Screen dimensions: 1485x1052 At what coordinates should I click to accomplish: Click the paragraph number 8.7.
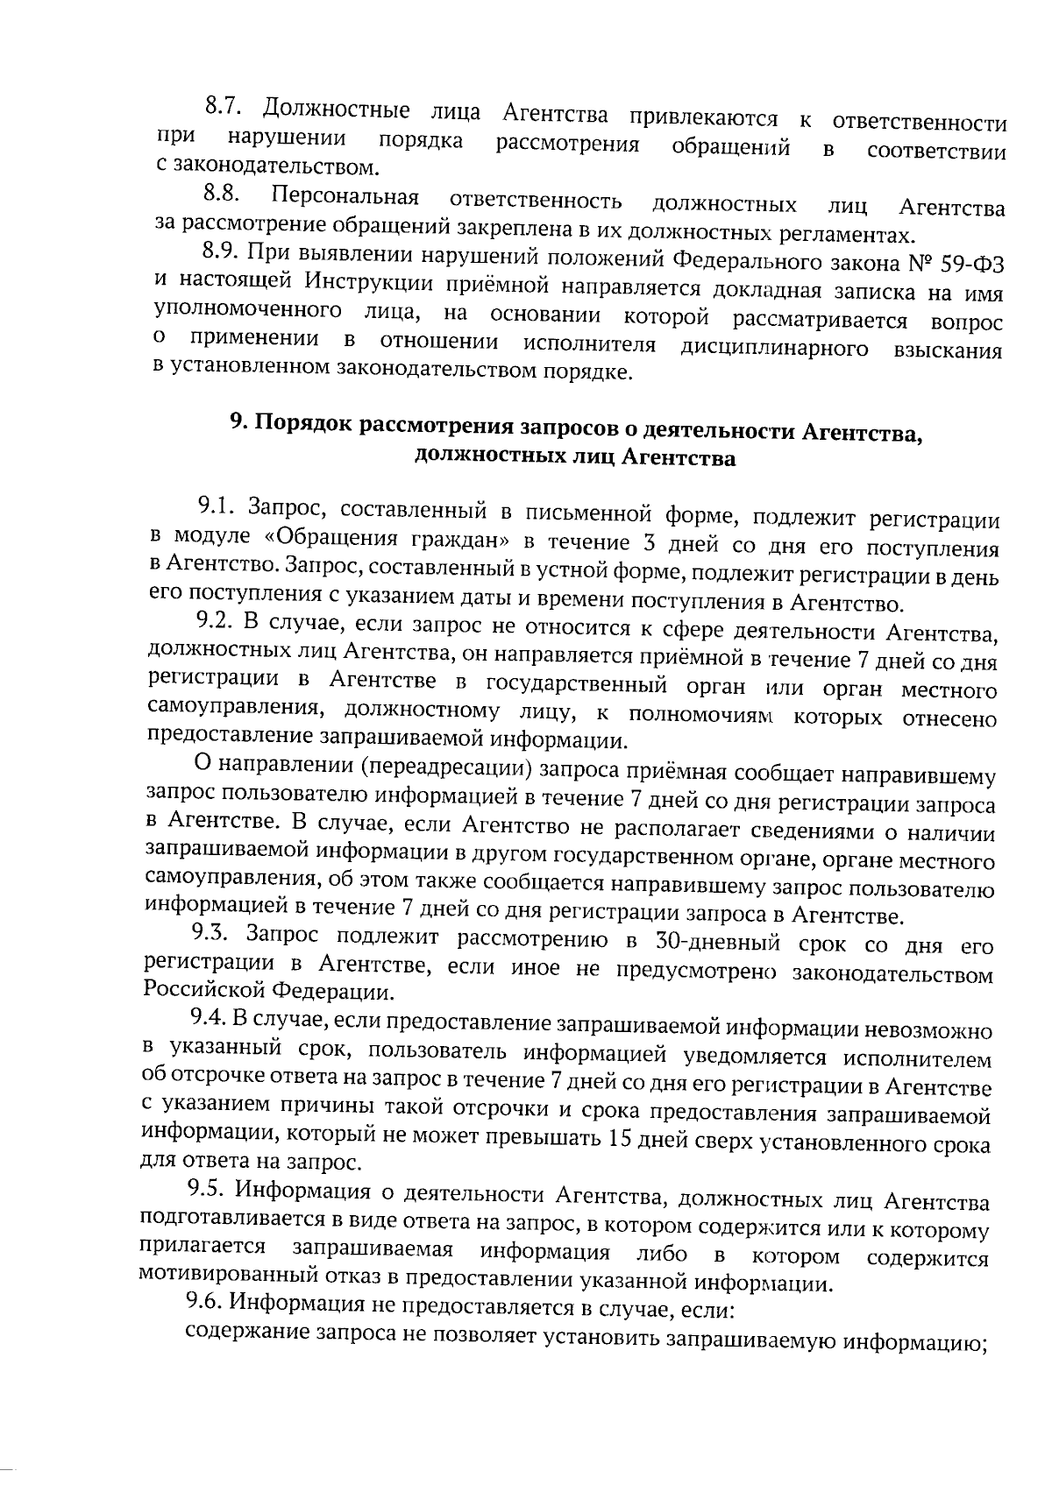tap(223, 110)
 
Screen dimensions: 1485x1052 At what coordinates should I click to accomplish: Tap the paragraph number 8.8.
tap(223, 194)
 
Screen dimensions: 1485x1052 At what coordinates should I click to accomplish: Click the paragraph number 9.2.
tap(214, 622)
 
